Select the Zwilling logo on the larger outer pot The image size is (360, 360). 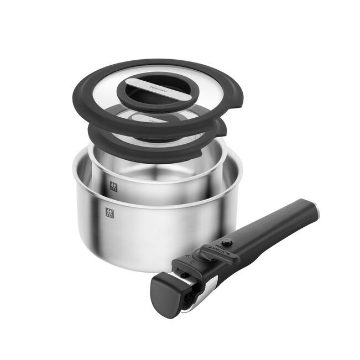point(109,212)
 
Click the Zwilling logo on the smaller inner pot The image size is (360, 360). point(114,186)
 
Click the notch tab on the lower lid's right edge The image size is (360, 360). point(222,129)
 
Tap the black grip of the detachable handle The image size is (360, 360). point(271,227)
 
